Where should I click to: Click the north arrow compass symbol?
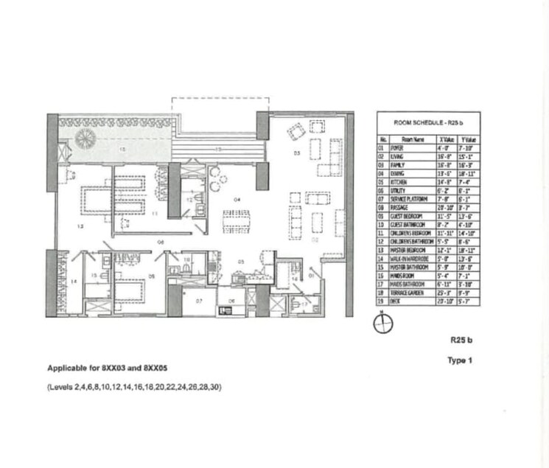[382, 324]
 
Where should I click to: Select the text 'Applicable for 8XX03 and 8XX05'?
[112, 368]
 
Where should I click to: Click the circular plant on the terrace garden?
[87, 137]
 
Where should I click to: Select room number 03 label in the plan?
[296, 154]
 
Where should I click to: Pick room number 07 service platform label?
[198, 301]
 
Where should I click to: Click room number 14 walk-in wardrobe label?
[73, 282]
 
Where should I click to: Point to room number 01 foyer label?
[312, 276]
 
